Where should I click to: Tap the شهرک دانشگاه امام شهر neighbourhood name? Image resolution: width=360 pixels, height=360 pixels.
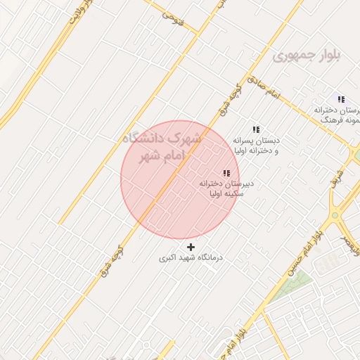pyautogui.click(x=161, y=146)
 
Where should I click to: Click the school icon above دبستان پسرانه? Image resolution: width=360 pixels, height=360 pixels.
pyautogui.click(x=256, y=129)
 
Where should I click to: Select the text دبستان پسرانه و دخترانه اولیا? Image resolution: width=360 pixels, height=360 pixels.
pyautogui.click(x=256, y=145)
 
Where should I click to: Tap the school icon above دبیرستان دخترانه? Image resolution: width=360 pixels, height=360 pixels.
pyautogui.click(x=226, y=173)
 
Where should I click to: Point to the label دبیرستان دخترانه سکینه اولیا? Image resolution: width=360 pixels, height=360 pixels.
pyautogui.click(x=226, y=188)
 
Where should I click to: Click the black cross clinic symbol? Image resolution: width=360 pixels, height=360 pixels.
pyautogui.click(x=191, y=247)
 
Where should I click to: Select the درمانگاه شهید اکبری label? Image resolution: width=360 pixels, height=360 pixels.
pyautogui.click(x=191, y=258)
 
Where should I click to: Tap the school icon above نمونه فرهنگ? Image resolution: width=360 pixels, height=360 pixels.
pyautogui.click(x=341, y=100)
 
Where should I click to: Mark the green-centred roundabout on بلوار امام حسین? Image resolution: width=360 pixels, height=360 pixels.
pyautogui.click(x=335, y=214)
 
